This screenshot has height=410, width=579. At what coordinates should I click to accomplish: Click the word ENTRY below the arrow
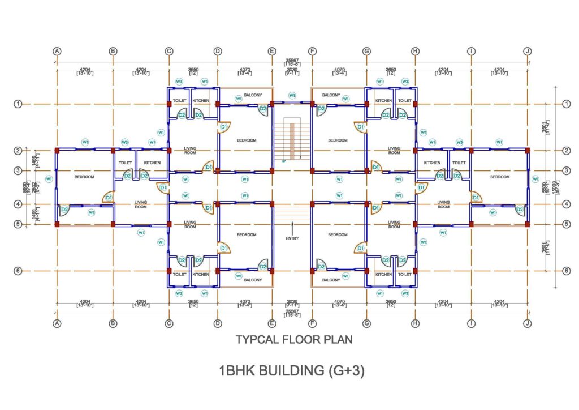292,238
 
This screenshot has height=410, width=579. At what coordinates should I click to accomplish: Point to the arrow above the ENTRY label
292,228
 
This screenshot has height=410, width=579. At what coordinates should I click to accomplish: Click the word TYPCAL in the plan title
254,340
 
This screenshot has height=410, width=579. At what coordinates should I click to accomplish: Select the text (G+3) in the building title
345,371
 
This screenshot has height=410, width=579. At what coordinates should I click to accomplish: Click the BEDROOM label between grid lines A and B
84,177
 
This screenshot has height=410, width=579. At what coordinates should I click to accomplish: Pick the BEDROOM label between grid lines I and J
500,177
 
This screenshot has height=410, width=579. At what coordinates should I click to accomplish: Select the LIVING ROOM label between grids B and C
141,204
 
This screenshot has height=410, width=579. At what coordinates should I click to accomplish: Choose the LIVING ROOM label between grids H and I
443,204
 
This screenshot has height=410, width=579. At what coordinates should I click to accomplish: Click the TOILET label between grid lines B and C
125,163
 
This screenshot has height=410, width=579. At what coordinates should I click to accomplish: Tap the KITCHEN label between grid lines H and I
432,163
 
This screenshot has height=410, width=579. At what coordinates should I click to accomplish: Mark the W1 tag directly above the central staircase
292,95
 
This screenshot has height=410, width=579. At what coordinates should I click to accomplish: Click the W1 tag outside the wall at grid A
49,180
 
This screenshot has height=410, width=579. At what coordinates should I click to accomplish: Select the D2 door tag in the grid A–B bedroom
64,210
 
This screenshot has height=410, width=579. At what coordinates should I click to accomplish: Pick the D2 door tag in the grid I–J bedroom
520,210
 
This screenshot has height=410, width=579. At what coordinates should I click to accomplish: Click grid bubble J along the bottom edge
528,324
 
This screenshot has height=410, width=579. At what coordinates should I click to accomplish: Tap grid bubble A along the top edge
57,51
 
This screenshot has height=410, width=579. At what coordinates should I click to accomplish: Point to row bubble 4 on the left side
18,204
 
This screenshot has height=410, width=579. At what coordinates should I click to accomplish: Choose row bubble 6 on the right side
567,271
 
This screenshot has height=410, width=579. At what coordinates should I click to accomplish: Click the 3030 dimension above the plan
292,70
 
